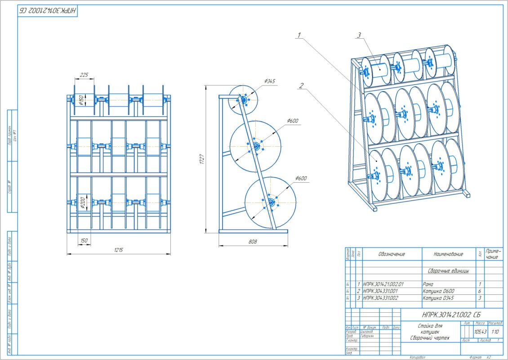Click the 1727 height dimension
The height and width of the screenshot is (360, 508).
202,158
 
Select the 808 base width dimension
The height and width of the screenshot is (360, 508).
253,242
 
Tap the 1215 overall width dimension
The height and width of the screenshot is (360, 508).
118,250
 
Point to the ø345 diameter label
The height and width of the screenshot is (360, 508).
270,81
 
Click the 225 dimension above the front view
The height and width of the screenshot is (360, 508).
84,75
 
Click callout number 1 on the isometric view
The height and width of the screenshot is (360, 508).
299,34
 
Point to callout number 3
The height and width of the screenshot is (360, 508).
359,35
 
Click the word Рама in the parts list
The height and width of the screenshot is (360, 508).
428,284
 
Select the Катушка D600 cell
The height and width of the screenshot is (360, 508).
437,291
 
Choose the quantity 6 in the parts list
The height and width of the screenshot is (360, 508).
480,291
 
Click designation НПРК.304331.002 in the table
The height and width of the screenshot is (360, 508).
383,298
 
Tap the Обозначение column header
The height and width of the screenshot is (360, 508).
391,254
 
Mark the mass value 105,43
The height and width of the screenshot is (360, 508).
480,332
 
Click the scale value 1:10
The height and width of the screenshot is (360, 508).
495,332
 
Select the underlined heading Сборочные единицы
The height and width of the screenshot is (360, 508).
448,271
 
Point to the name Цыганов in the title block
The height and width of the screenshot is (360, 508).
367,332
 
